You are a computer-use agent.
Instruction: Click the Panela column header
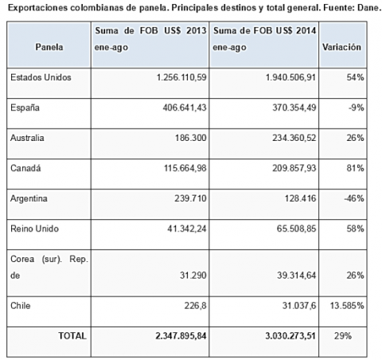[x=49, y=47]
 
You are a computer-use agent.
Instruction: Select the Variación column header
[x=341, y=47]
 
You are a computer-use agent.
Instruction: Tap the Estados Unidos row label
[x=41, y=77]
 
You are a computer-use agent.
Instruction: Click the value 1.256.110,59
[x=181, y=77]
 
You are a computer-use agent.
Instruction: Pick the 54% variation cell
[x=355, y=77]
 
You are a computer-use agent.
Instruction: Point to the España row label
[x=25, y=108]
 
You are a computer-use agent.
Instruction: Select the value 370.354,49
[x=294, y=108]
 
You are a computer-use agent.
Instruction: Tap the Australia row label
[x=27, y=138]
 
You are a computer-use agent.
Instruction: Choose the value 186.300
[x=190, y=138]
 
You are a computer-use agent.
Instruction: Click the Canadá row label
[x=25, y=168]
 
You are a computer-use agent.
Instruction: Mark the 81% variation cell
[x=355, y=168]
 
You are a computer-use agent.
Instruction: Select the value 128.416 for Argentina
[x=300, y=198]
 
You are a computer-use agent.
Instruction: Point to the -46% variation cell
[x=354, y=198]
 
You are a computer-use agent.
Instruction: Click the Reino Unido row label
[x=34, y=229]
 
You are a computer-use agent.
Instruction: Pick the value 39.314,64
[x=297, y=275]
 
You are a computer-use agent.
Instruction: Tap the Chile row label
[x=21, y=306]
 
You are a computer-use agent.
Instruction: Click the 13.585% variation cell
[x=347, y=306]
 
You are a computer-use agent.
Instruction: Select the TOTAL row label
[x=72, y=336]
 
